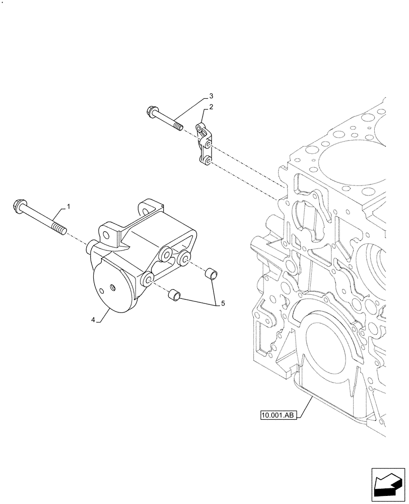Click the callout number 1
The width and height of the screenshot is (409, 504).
point(69,207)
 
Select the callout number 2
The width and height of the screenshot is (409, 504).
point(212,107)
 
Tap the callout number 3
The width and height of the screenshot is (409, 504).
point(212,95)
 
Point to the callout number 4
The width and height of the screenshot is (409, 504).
point(94,319)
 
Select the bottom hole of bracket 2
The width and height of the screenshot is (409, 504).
point(207,160)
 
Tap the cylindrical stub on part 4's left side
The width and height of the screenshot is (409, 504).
point(92,247)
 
